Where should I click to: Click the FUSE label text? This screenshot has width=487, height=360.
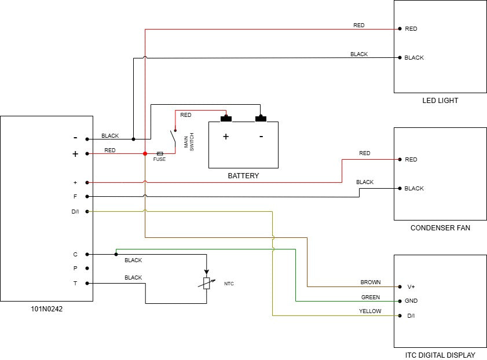159,159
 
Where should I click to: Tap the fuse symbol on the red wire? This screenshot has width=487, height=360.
160,153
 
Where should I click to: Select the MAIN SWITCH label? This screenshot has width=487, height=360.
189,142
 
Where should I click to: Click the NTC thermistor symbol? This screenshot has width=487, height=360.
206,283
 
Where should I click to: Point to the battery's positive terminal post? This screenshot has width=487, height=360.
226,119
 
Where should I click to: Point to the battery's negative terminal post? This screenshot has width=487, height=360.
261,119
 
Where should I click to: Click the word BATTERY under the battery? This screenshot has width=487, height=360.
243,176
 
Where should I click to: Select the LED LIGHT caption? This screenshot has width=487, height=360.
440,101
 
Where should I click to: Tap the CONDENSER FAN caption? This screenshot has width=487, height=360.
440,228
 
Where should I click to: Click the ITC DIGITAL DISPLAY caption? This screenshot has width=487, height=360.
440,355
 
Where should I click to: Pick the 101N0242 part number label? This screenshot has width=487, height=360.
46,309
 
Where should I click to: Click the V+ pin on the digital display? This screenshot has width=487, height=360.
411,286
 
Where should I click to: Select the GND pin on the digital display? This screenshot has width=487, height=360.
411,301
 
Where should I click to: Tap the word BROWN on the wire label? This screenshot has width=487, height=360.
371,282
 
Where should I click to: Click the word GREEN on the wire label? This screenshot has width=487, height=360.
371,297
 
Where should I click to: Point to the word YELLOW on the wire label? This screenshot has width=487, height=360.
370,311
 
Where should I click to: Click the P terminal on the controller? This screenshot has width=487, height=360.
75,269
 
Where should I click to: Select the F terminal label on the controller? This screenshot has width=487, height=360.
75,197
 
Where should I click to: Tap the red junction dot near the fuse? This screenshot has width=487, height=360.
145,153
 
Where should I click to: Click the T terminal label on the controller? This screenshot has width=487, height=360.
75,284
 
